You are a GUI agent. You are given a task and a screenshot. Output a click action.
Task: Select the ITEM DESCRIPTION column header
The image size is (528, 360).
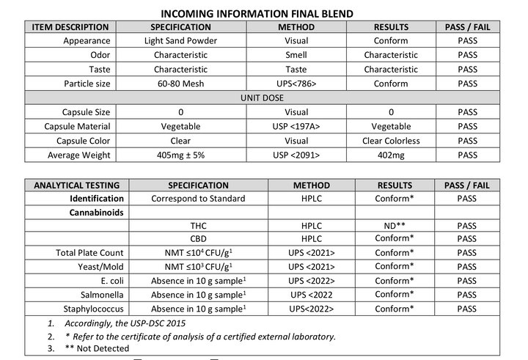(x=70, y=27)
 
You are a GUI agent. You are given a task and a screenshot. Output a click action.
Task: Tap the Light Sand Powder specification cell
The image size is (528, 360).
(x=180, y=41)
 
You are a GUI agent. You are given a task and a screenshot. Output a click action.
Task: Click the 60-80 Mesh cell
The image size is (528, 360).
(x=180, y=84)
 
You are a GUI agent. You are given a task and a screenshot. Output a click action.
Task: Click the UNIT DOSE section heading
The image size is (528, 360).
(x=264, y=98)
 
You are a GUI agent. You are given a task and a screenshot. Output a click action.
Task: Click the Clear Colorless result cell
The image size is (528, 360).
(x=391, y=140)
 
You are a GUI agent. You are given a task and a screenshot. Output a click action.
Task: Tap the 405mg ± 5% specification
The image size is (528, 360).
(x=180, y=155)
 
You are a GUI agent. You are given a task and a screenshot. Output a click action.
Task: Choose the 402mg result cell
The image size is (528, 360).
(x=391, y=155)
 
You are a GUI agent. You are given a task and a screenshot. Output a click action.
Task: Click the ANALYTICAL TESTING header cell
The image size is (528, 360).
(x=76, y=185)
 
